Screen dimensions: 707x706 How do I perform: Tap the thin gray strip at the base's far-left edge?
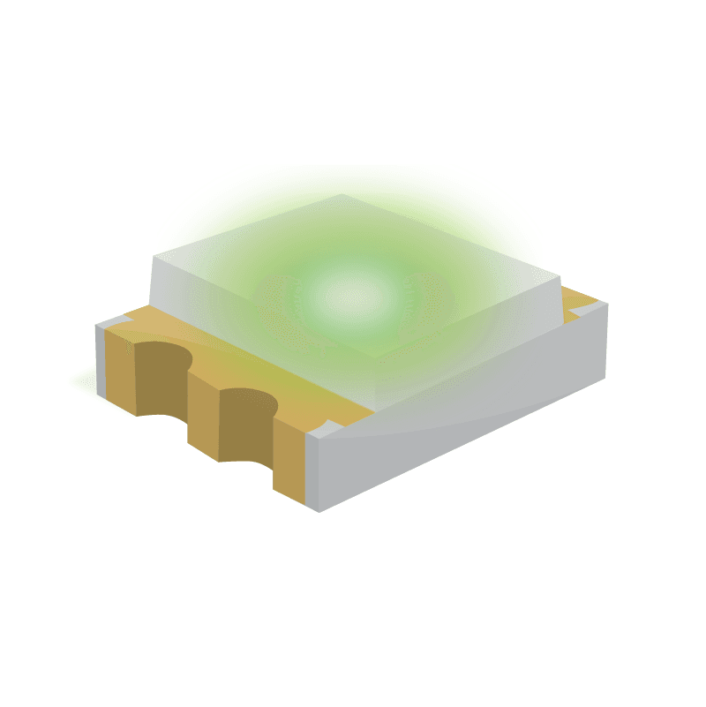(100, 357)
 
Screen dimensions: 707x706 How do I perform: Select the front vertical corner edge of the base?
(315, 472)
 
